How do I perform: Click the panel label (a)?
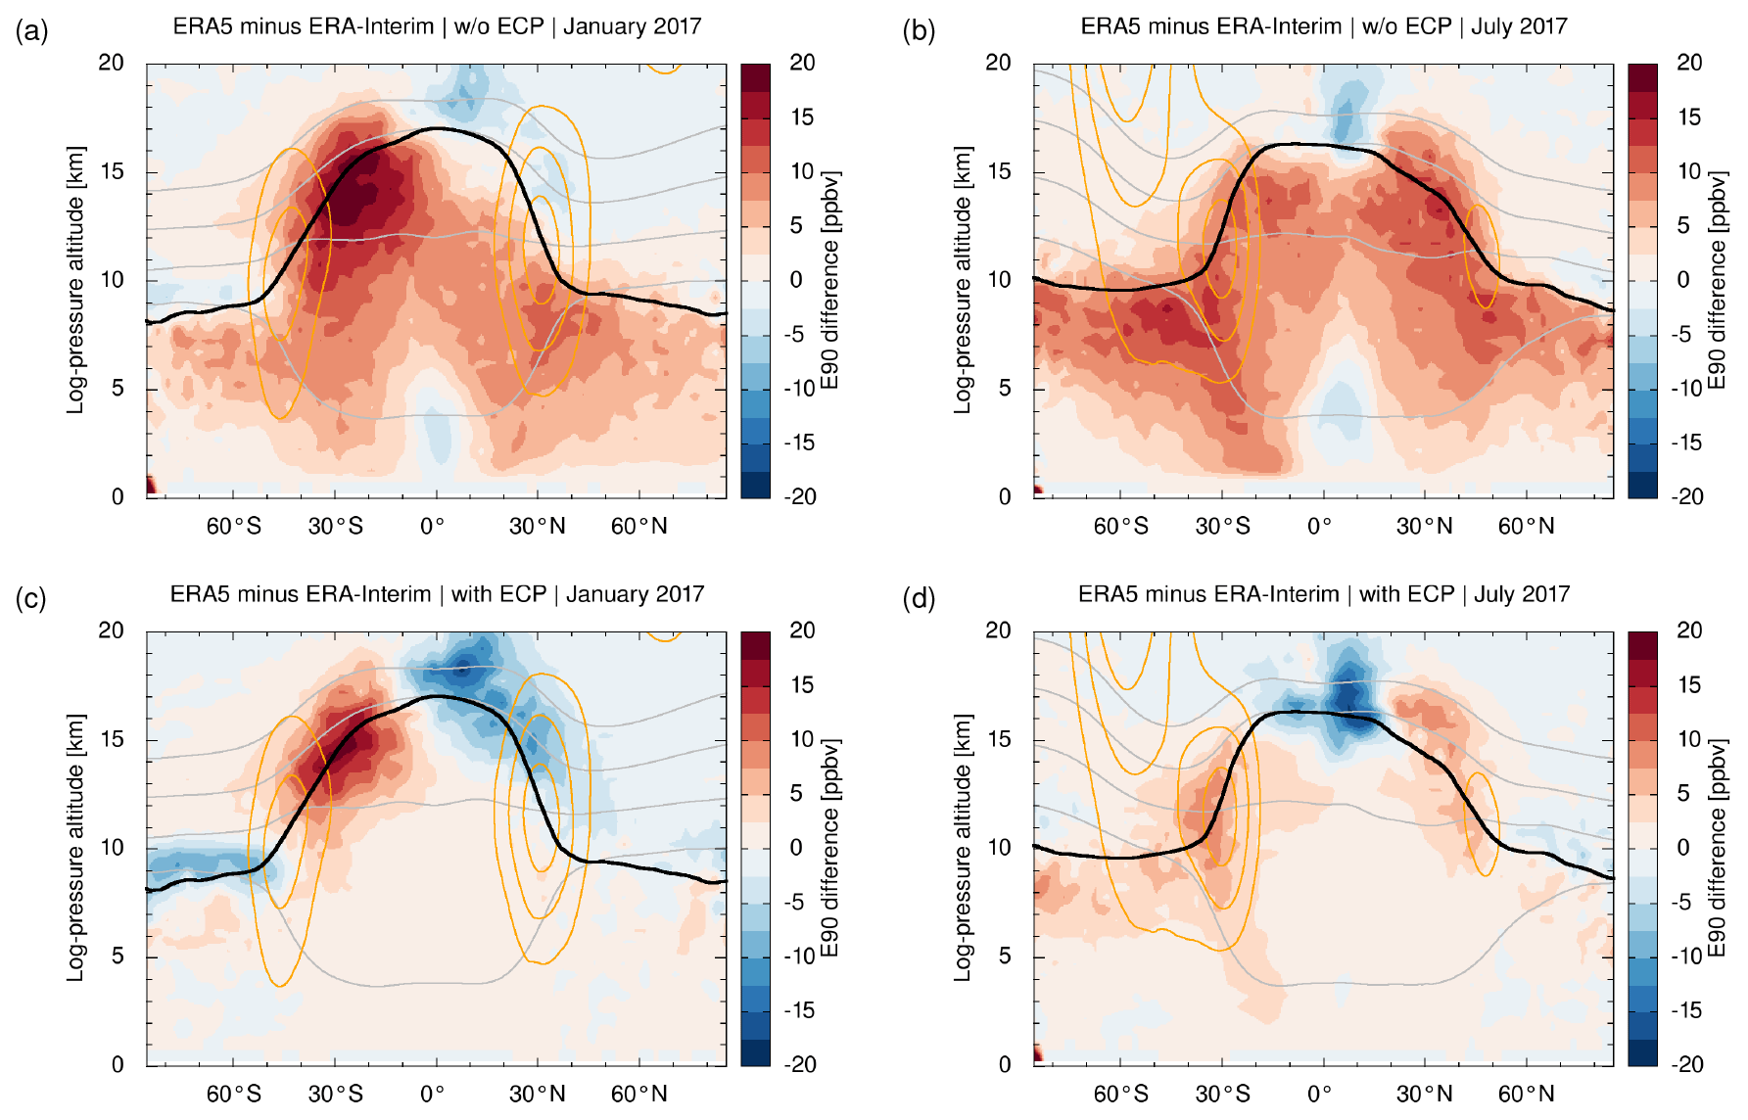31,32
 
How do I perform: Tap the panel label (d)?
919,599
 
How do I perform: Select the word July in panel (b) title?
1489,26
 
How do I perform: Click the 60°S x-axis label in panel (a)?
233,527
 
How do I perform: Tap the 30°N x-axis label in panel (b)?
1424,527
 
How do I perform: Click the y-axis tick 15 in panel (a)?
112,171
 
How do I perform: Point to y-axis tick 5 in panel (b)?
1005,389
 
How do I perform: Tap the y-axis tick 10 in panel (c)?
112,848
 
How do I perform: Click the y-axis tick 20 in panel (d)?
998,630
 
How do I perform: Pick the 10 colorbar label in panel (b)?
1688,171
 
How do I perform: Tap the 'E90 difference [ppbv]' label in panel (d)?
1716,848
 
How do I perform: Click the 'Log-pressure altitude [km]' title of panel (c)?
75,848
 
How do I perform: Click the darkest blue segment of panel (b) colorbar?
1642,486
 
